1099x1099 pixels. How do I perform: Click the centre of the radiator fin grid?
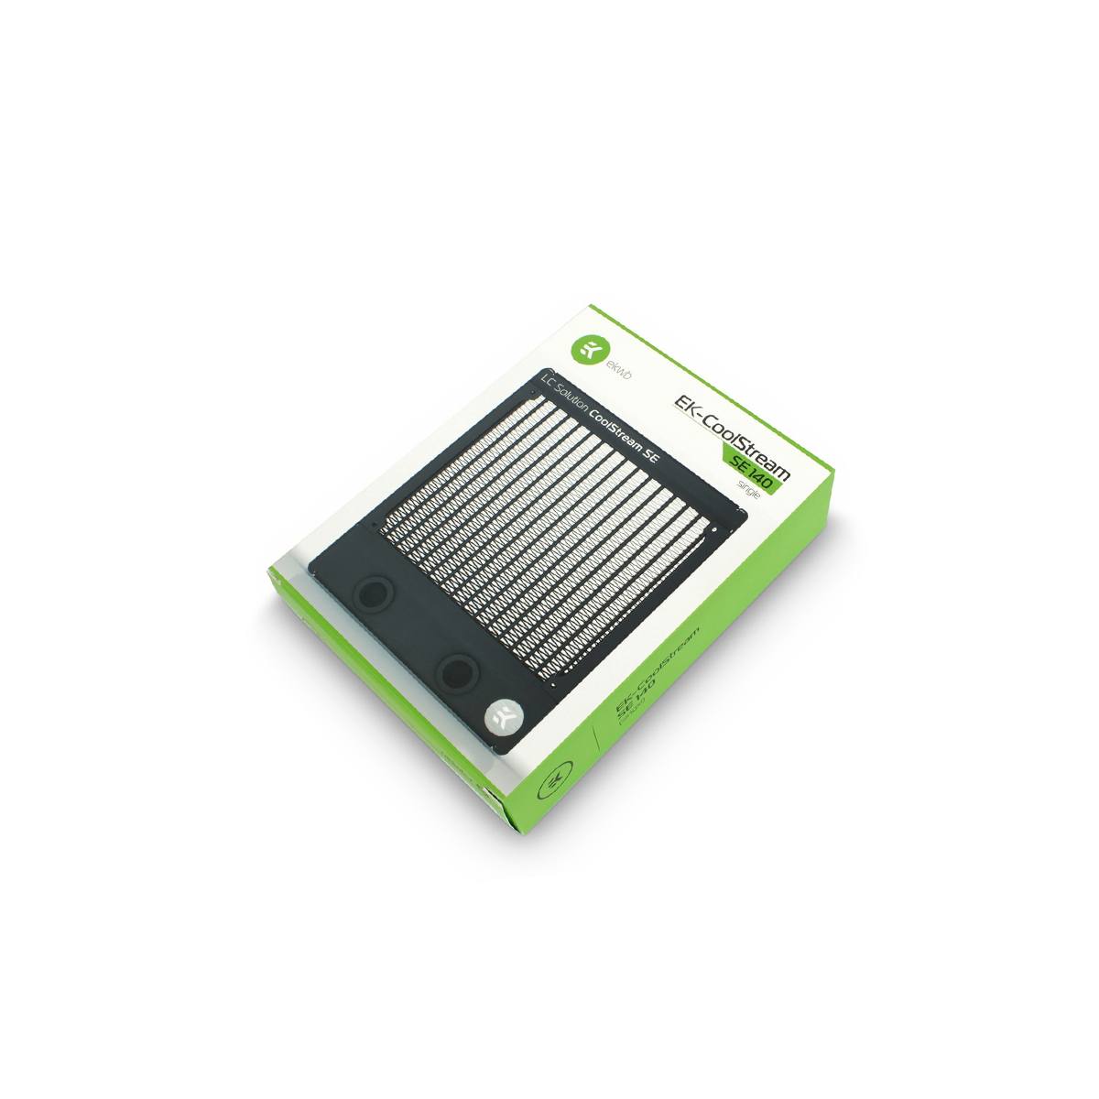click(x=549, y=531)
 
